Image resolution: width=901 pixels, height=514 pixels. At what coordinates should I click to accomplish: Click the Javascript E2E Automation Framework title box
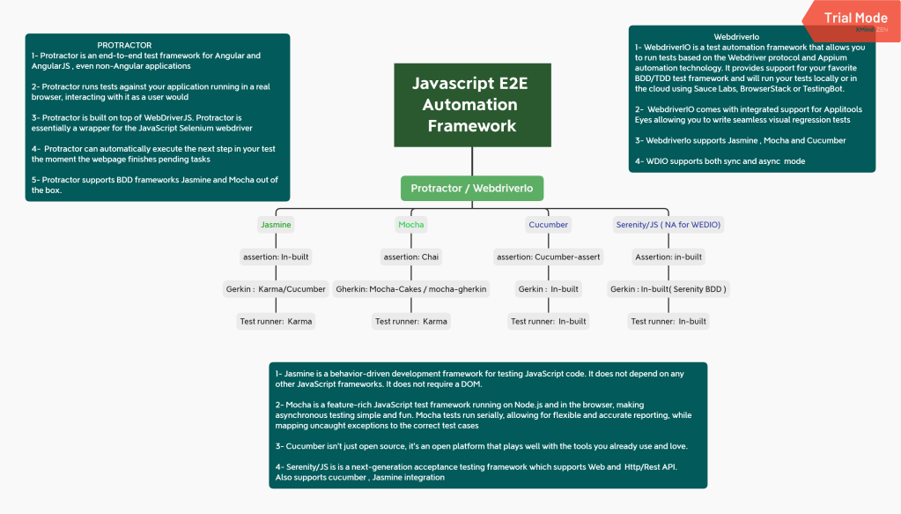(x=472, y=104)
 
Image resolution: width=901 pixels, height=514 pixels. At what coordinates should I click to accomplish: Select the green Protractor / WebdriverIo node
(x=472, y=188)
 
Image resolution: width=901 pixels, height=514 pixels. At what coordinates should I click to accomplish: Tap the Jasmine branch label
(x=276, y=225)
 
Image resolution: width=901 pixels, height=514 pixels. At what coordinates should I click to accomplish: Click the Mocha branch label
(x=411, y=225)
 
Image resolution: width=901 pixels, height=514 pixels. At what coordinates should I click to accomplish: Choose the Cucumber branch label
(x=548, y=225)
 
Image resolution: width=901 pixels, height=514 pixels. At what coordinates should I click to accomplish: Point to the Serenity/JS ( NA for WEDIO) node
(x=668, y=225)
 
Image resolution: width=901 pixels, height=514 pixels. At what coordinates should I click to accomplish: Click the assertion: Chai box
(x=411, y=257)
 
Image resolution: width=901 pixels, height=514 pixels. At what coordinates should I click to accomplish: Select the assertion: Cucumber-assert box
(x=548, y=257)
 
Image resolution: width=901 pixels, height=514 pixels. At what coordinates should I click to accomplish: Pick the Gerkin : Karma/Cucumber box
(x=276, y=289)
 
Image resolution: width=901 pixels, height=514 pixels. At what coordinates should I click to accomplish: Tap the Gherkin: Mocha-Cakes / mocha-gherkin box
(x=411, y=289)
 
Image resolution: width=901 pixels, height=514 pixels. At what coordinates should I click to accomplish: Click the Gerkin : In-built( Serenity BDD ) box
(x=668, y=289)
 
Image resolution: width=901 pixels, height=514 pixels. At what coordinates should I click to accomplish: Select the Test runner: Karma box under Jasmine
(x=276, y=321)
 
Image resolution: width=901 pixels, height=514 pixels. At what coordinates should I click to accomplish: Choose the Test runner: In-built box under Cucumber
(x=548, y=321)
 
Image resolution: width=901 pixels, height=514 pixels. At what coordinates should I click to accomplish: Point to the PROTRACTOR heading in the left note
(x=124, y=45)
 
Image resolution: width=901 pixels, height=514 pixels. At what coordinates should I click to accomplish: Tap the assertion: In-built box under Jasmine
(x=276, y=257)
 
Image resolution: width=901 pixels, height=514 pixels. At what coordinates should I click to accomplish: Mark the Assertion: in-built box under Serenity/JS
(x=668, y=257)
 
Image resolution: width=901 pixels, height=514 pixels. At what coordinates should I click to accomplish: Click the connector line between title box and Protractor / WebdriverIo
(x=472, y=161)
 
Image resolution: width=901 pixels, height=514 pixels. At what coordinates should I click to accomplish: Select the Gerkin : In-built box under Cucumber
(x=548, y=289)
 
